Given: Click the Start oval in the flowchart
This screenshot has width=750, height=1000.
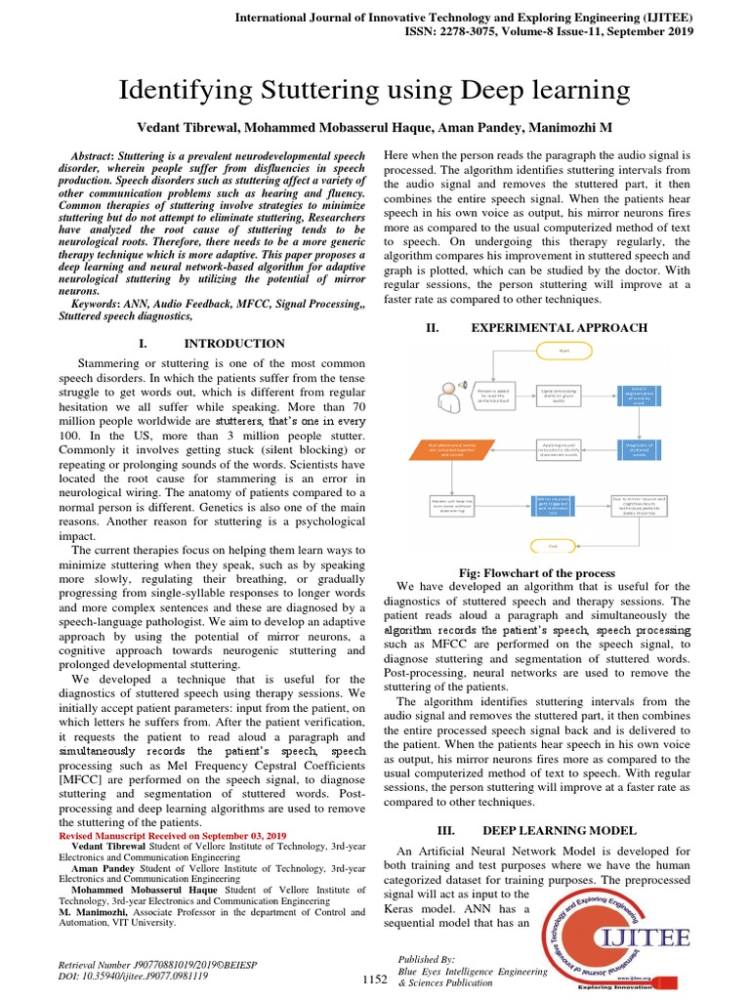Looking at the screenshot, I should [563, 349].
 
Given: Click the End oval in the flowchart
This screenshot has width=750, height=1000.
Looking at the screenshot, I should [553, 546].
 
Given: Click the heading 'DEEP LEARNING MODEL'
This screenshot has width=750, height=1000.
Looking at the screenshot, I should [559, 830].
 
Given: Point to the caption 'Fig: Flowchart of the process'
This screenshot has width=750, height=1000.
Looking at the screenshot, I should [536, 573].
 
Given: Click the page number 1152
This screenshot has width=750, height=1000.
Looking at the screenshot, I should [375, 979].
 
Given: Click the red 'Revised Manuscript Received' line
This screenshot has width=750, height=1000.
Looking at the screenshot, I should [173, 836].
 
